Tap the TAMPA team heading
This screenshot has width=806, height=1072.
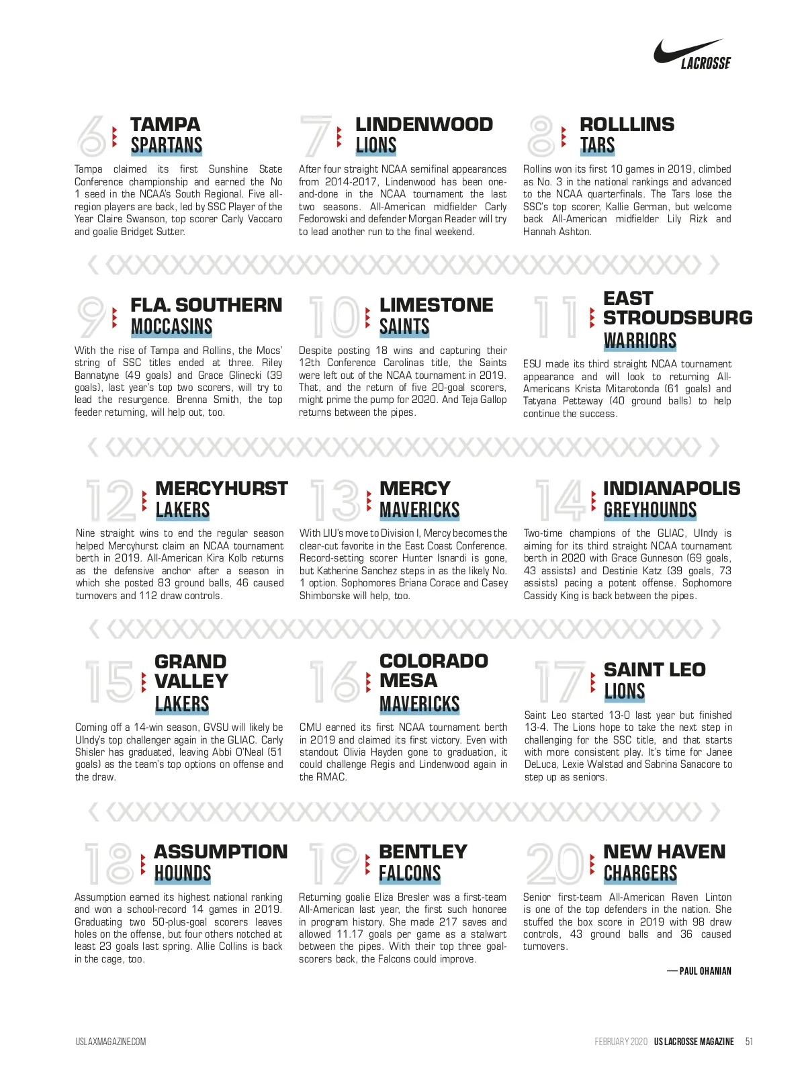coord(165,124)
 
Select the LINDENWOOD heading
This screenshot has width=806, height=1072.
coord(424,124)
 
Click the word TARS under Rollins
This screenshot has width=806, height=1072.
coord(597,146)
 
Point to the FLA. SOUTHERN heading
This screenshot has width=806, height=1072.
coord(206,305)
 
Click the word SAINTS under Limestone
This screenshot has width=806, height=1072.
coord(404,327)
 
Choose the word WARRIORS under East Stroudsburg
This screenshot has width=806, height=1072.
coord(639,341)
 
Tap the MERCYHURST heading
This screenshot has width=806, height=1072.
coord(221,488)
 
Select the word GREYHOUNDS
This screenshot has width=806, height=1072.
coord(650,510)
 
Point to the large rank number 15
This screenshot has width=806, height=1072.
coord(110,682)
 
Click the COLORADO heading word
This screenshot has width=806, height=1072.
coord(433,661)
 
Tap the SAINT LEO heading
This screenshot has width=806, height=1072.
coord(654,670)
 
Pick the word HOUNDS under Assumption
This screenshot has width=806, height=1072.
coord(183,874)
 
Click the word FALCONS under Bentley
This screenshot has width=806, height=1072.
coord(410,874)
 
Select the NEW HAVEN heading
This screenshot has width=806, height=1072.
coord(664,852)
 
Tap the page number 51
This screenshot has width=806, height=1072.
coord(749,1042)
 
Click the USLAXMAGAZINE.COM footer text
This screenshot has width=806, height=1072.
coord(111,1042)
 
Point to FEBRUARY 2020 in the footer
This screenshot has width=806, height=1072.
coord(621,1042)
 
